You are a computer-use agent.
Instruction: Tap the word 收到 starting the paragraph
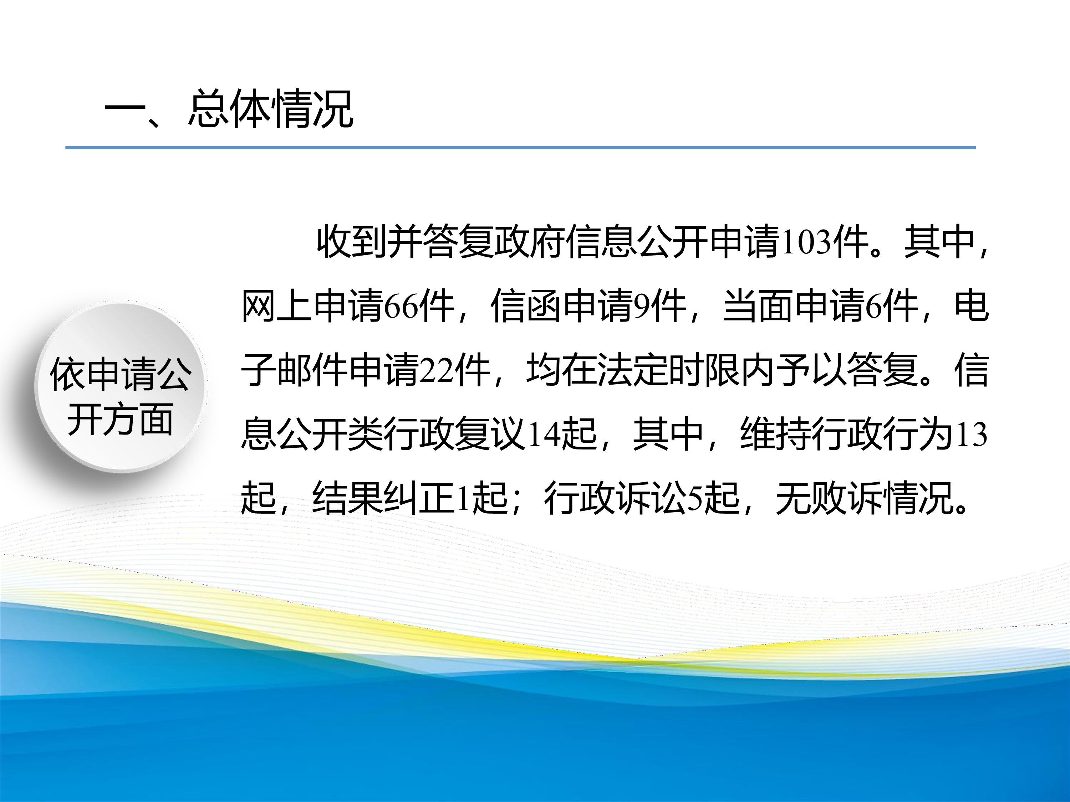tap(352, 242)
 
